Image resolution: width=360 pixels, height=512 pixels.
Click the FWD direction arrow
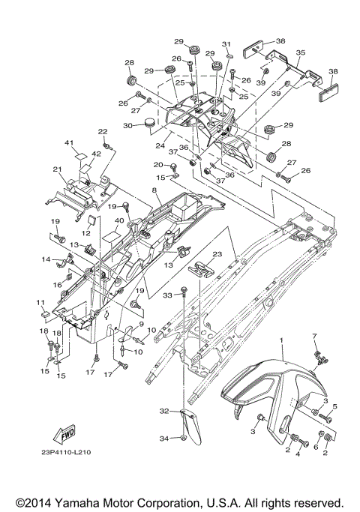pos(64,434)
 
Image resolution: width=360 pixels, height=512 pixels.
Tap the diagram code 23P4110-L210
pos(66,453)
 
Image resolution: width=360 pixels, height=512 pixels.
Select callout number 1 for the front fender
pos(281,340)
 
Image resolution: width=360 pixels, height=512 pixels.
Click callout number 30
pos(127,125)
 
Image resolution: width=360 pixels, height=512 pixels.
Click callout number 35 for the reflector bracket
pos(301,52)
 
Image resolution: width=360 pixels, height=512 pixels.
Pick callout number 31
pos(226,44)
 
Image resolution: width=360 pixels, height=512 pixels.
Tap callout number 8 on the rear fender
pos(154,190)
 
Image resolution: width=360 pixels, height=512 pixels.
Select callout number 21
pos(57,169)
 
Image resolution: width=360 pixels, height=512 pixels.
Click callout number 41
pos(69,142)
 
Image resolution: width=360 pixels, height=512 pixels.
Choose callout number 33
pos(167,295)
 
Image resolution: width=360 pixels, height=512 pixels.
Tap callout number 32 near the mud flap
pos(164,411)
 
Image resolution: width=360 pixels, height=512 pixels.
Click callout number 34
pos(164,439)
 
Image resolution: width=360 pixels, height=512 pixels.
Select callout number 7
pos(314,336)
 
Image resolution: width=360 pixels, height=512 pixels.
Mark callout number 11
pos(40,303)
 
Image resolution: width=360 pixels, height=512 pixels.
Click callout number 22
pos(103,132)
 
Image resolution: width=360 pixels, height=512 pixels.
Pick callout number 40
pos(119,220)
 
